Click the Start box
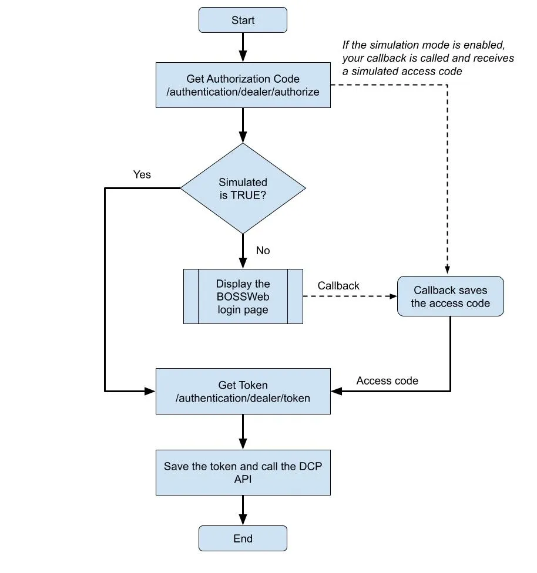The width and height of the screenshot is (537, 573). click(x=243, y=20)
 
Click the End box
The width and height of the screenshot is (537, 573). click(x=243, y=538)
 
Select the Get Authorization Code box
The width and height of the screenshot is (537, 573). click(x=243, y=85)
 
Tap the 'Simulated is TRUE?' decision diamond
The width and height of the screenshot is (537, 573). click(x=243, y=188)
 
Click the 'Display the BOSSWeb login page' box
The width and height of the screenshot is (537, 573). click(x=243, y=296)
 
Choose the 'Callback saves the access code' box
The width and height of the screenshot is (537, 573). click(x=450, y=296)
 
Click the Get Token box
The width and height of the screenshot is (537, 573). click(x=243, y=392)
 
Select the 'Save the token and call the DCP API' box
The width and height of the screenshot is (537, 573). click(x=243, y=473)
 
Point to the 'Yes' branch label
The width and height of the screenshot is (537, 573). click(x=142, y=175)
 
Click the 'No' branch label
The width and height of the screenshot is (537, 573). click(x=263, y=250)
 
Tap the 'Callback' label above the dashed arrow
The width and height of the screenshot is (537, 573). click(x=338, y=286)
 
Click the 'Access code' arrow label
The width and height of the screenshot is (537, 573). click(x=387, y=381)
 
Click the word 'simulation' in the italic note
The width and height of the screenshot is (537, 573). click(x=394, y=45)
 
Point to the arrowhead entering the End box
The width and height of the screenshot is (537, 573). click(x=243, y=520)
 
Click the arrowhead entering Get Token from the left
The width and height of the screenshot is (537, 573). click(x=150, y=392)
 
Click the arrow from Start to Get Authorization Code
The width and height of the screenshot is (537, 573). click(x=243, y=48)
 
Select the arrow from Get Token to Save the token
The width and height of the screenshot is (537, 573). click(x=243, y=432)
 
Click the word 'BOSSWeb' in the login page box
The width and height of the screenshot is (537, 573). click(x=243, y=296)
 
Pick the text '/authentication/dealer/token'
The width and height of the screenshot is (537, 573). click(x=243, y=398)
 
